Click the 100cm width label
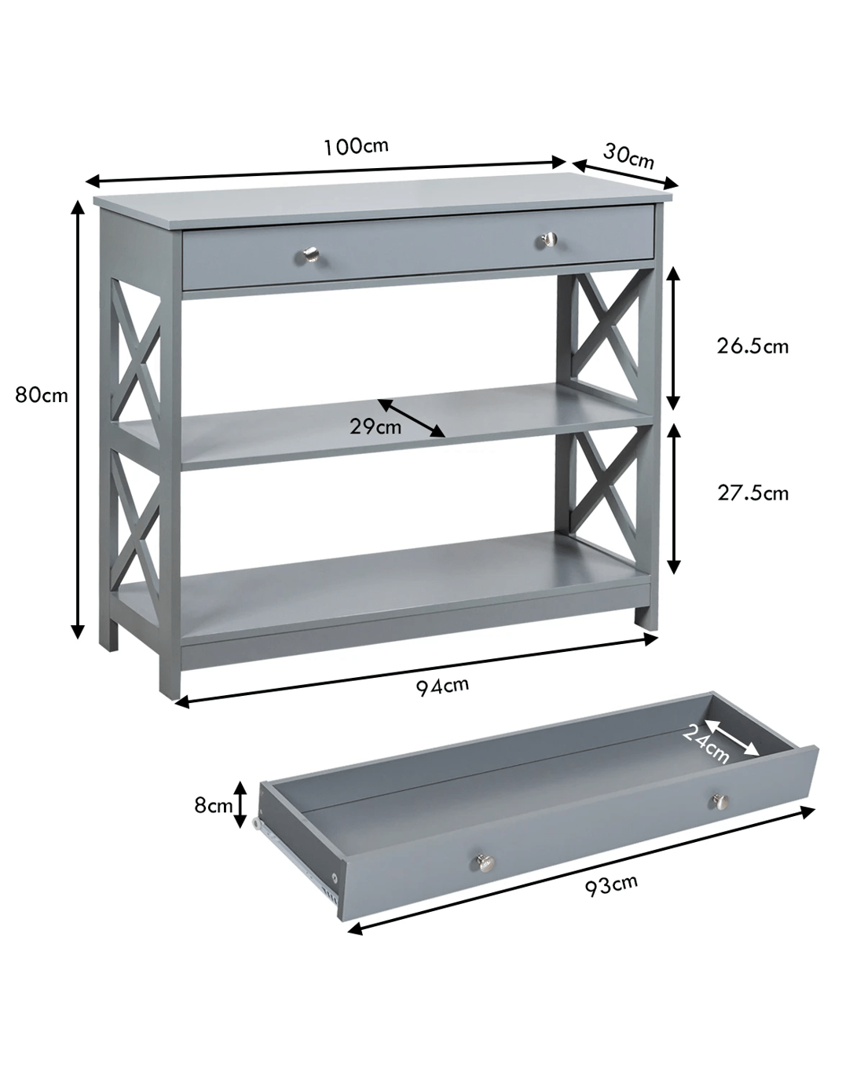coord(356,147)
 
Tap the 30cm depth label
coord(628,156)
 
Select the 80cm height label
coord(41,395)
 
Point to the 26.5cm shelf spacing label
coord(752,346)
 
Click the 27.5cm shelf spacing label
coord(752,493)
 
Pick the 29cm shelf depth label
coord(375,427)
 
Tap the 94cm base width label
coord(442,686)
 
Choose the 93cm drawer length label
coord(611,884)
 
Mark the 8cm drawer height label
coord(214,805)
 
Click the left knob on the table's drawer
coord(311,254)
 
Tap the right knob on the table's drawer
coord(550,240)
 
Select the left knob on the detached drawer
coord(485,862)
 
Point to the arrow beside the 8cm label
coord(240,804)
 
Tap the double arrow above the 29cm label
coord(411,418)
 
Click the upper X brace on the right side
coord(607,327)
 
